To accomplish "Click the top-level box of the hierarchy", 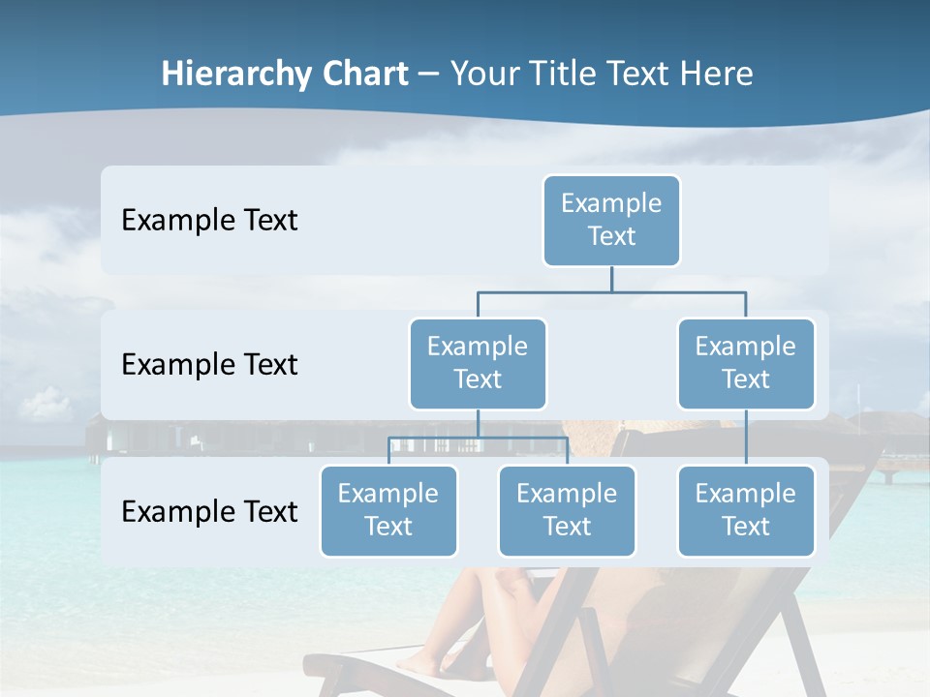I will (611, 221).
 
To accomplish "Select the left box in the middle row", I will (478, 364).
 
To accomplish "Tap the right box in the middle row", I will (746, 364).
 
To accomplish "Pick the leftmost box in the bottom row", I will (388, 511).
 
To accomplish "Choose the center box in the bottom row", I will (567, 511).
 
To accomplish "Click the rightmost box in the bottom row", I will (746, 511).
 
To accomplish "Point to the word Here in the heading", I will (718, 74).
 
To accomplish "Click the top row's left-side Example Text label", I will (209, 221).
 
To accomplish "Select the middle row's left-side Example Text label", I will (209, 365).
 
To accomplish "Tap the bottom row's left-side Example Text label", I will (209, 511).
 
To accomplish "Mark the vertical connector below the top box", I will (611, 279).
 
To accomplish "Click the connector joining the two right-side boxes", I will (746, 438).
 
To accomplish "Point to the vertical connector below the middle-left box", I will (478, 423).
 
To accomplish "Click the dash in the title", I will (429, 75).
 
